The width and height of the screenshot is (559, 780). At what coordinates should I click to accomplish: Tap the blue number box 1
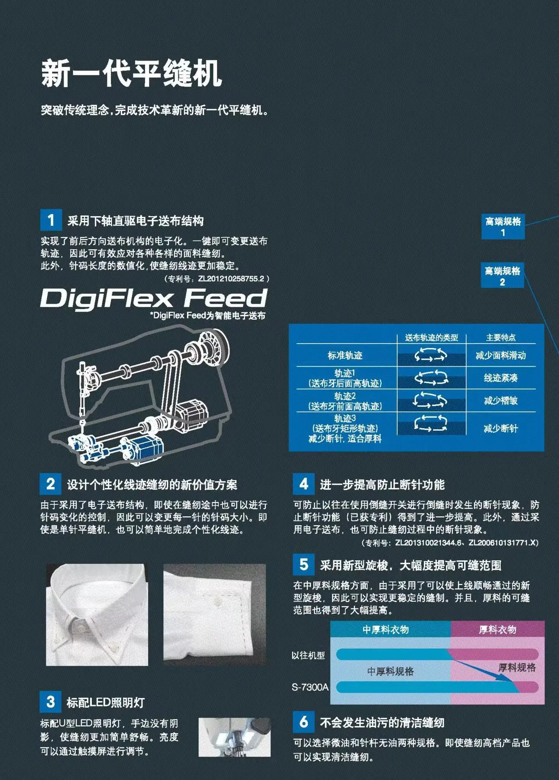tap(51, 220)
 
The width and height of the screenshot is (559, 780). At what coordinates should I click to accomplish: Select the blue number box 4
tap(304, 484)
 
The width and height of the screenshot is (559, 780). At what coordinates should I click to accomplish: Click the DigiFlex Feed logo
tap(154, 299)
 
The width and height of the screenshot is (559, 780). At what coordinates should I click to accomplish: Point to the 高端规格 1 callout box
tap(503, 227)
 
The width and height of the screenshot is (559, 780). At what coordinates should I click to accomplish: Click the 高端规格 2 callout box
tap(502, 276)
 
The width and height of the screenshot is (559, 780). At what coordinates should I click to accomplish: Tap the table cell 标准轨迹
tap(345, 356)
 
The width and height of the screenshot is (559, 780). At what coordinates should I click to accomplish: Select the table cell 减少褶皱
tap(501, 401)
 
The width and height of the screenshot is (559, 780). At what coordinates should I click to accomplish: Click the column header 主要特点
tap(501, 338)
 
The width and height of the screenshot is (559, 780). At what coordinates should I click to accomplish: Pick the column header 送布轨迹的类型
tap(431, 338)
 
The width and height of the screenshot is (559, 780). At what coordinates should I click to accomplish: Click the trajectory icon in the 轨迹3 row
tap(430, 423)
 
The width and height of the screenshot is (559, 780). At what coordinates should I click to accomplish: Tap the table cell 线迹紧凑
tap(501, 378)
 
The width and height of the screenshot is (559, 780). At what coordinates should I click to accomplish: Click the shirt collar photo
tap(97, 614)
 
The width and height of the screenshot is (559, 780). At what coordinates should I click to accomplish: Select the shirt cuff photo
tap(214, 614)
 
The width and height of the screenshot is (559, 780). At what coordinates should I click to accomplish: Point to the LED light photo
tap(234, 737)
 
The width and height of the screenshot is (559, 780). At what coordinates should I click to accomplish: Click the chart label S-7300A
tap(310, 687)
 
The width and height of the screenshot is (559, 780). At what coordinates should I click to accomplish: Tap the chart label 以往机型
tap(308, 655)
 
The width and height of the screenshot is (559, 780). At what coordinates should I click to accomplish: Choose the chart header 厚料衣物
tap(497, 630)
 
